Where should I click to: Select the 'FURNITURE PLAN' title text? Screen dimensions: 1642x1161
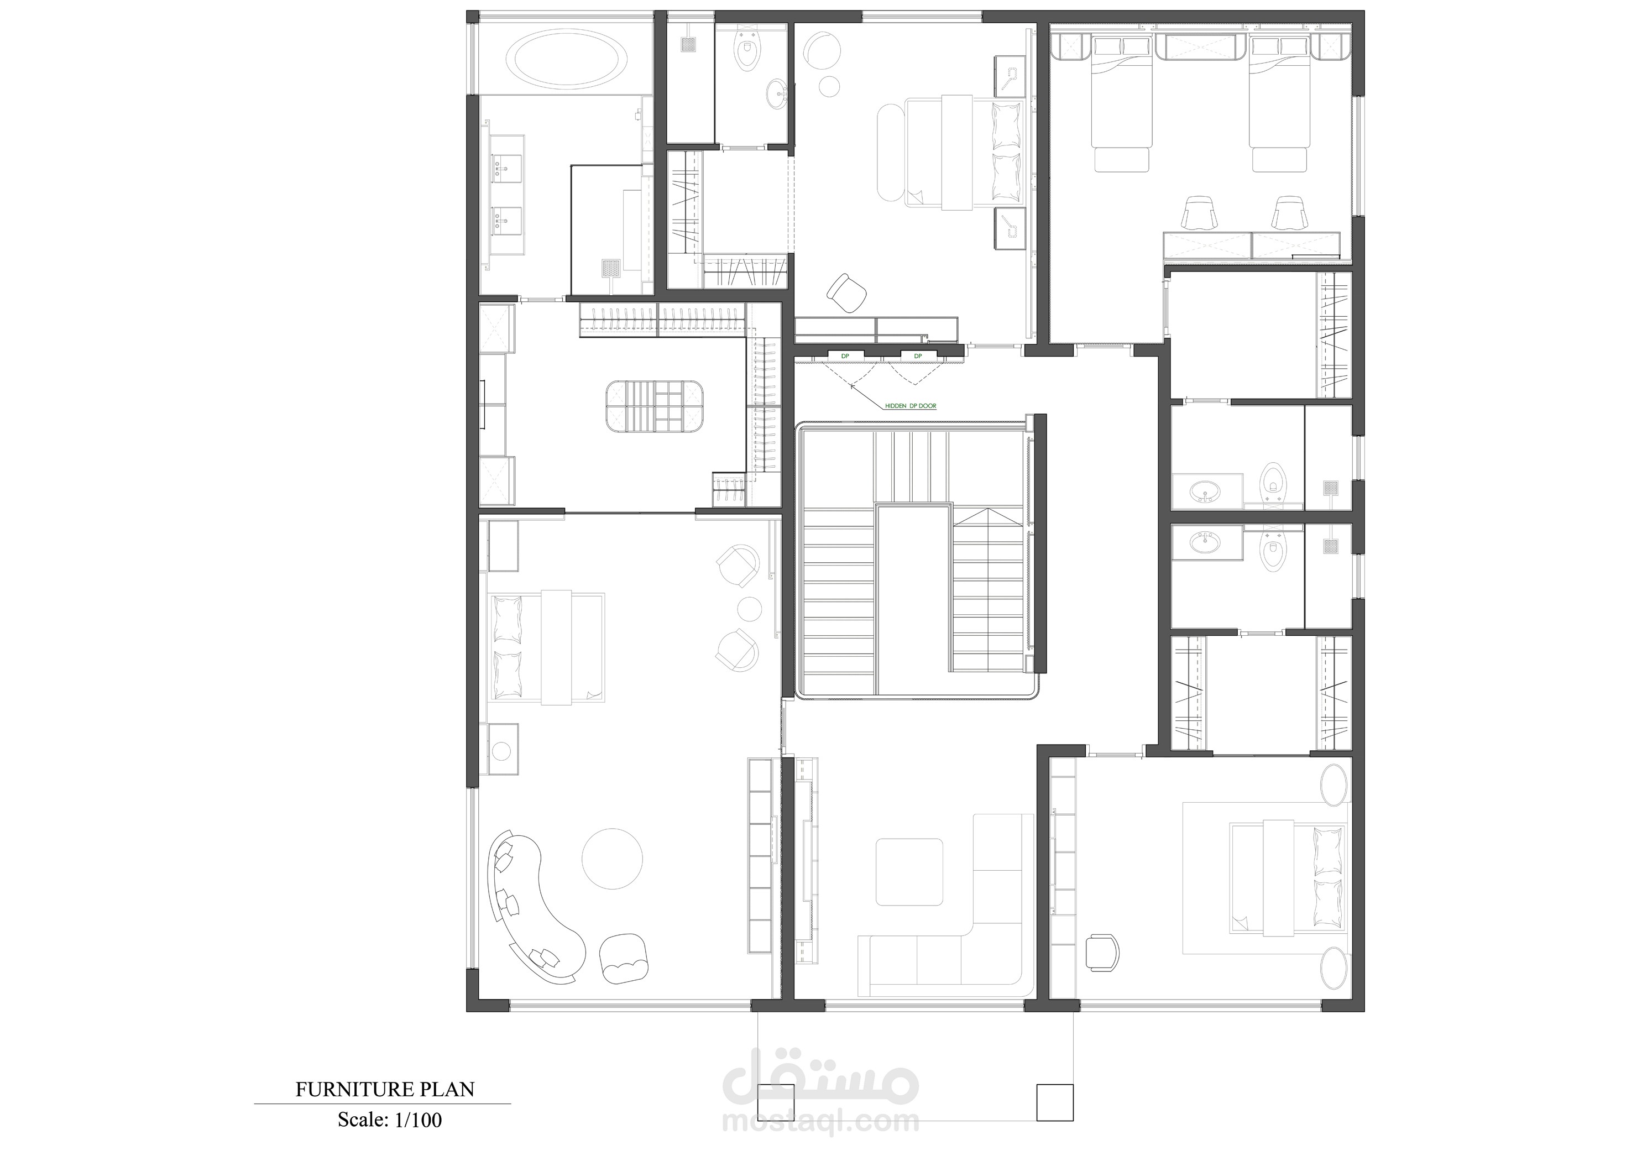tap(385, 1090)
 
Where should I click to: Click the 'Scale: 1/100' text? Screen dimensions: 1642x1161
tap(390, 1120)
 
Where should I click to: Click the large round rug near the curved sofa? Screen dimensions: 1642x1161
tap(611, 859)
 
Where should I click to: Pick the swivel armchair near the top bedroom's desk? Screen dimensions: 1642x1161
tap(847, 292)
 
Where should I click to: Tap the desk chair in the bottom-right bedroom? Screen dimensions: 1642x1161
tap(1102, 952)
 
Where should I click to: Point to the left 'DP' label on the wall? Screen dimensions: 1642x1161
tap(845, 355)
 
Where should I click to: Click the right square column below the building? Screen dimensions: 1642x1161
tap(1055, 1122)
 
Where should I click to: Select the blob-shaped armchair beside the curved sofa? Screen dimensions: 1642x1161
tap(625, 958)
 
